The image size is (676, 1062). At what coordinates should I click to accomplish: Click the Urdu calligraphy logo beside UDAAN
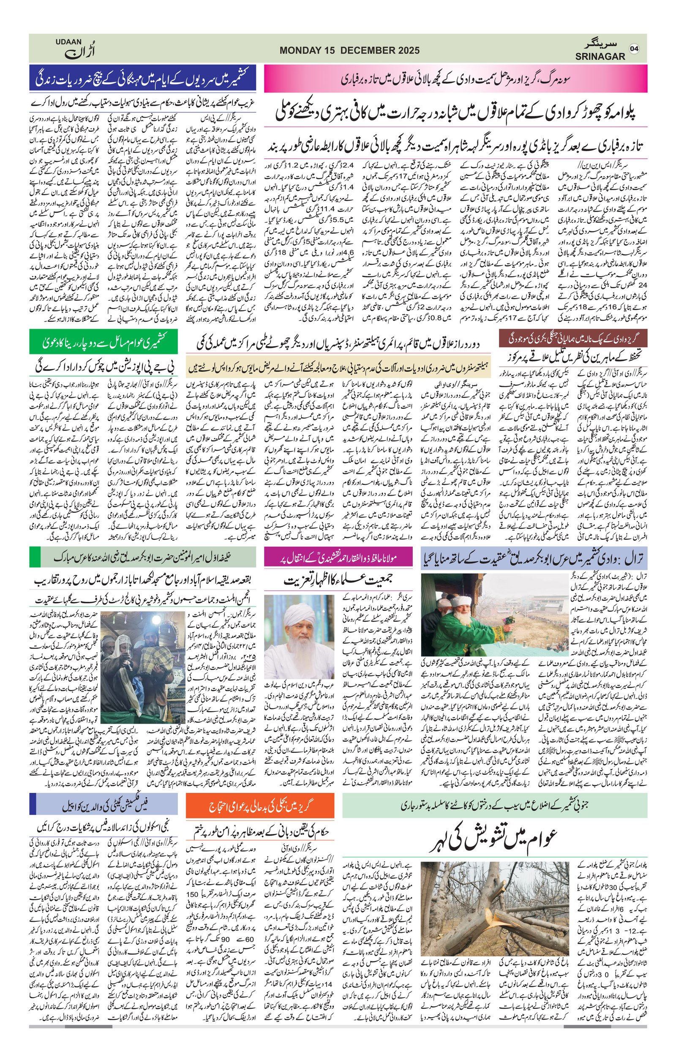click(x=80, y=52)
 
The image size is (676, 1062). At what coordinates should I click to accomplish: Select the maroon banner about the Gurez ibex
click(x=573, y=339)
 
